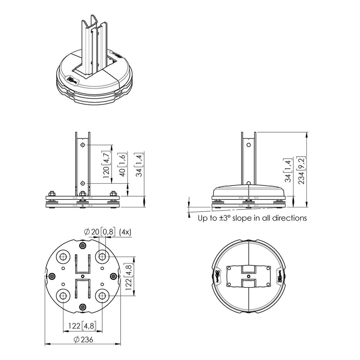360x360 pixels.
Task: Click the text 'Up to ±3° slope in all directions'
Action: pyautogui.click(x=252, y=218)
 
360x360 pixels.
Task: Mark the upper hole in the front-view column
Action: pyautogui.click(x=83, y=145)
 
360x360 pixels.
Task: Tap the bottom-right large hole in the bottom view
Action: pyautogui.click(x=102, y=296)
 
